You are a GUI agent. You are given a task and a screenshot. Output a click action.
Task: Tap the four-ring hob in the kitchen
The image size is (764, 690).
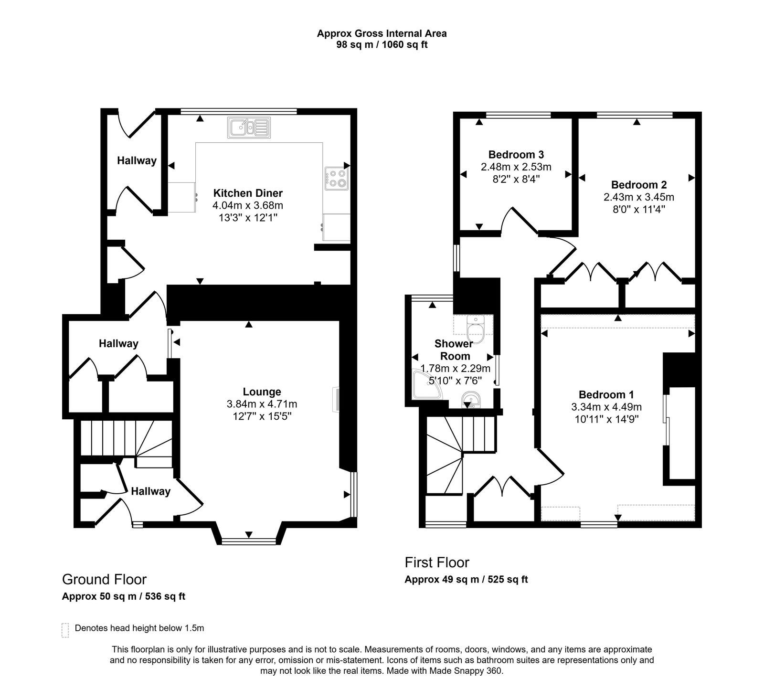coord(337,178)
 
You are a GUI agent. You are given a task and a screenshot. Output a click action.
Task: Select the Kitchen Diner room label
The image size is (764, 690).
coord(247,193)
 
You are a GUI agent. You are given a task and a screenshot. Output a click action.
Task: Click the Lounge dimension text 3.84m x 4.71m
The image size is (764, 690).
coord(262,404)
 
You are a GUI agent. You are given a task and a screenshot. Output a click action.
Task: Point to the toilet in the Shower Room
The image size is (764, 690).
coord(475,329)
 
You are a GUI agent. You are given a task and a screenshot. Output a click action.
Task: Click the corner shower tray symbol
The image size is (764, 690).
coord(426,386)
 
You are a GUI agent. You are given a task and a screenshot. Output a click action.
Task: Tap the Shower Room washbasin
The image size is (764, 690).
coord(471,399)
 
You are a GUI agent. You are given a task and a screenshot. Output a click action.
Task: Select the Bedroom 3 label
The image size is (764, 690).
coord(516,155)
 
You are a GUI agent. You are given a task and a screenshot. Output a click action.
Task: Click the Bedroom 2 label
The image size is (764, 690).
coord(639,185)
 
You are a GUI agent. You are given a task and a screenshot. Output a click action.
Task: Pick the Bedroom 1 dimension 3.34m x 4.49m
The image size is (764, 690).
coord(606,407)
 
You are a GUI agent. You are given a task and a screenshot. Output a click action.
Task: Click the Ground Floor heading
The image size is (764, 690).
coord(104,579)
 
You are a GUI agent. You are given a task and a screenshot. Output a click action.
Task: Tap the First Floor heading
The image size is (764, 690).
coord(437,562)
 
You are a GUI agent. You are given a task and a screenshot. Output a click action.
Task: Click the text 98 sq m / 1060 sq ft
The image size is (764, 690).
coord(382,45)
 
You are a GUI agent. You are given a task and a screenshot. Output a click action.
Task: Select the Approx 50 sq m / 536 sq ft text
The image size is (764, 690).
coord(124,596)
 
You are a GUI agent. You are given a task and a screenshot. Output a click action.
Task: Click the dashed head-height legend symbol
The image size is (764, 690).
coord(65,630)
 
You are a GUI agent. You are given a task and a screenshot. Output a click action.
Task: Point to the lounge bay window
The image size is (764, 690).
coord(248,541)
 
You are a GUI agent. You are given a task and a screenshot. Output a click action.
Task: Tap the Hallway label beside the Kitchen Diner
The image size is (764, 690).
coord(137,161)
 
